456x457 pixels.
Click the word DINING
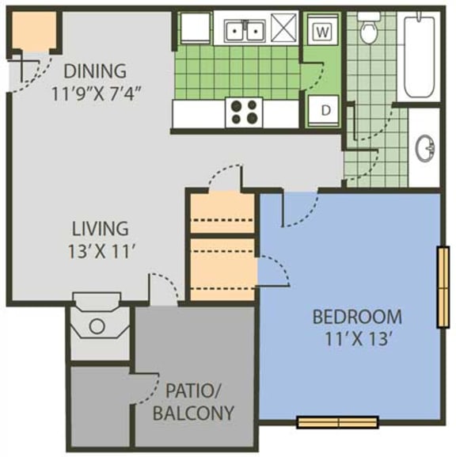tap(94, 70)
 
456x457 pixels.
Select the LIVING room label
tap(100, 230)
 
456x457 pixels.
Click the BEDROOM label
tap(357, 318)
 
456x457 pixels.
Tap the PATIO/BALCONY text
tap(194, 401)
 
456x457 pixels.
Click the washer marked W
tap(321, 32)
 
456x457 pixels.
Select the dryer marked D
tap(325, 110)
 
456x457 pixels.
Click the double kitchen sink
tap(244, 31)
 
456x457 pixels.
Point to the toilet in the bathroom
tap(368, 29)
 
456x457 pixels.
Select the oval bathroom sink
tap(425, 147)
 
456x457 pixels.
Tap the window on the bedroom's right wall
tap(443, 286)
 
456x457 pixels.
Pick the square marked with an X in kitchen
tap(283, 31)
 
